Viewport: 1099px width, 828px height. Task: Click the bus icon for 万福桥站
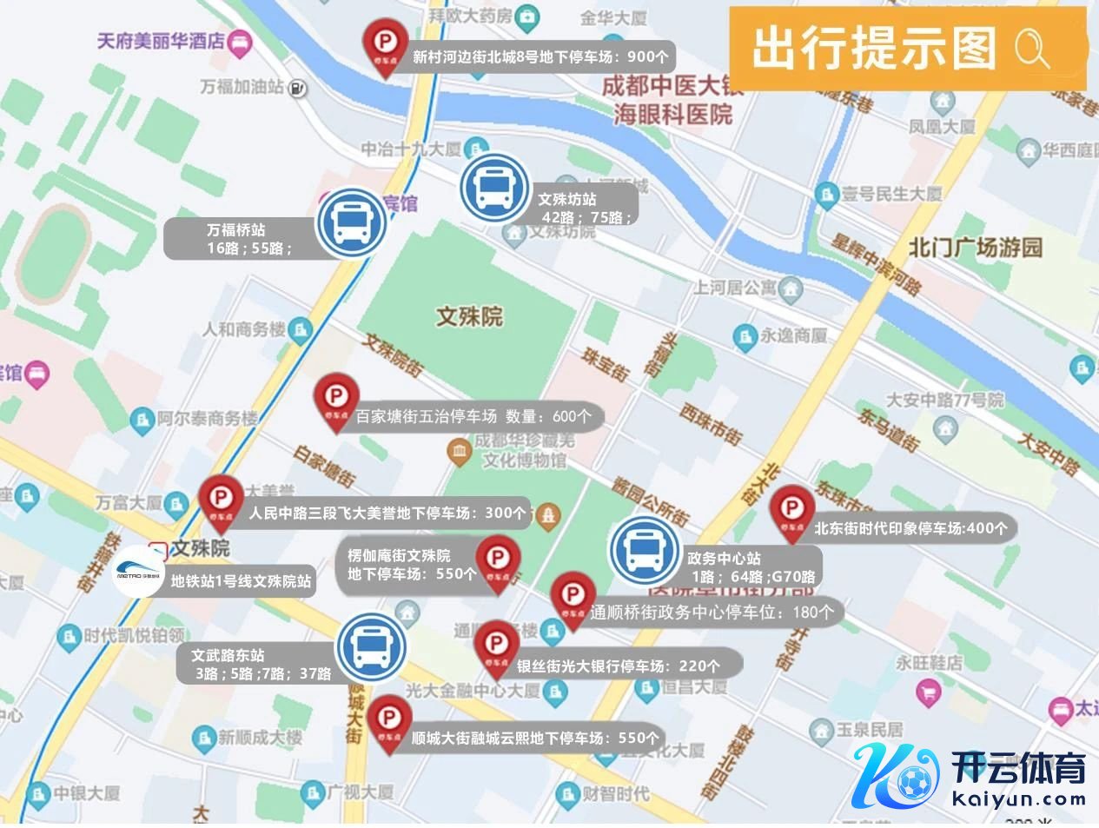tap(350, 224)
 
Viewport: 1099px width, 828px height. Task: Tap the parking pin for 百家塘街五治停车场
tap(335, 399)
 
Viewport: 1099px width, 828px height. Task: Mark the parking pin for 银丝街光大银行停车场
tap(495, 645)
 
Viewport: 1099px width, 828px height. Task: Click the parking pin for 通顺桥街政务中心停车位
tap(573, 597)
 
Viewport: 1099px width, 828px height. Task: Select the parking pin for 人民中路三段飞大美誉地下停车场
tap(221, 500)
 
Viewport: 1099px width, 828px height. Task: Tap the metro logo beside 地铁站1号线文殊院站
tap(139, 572)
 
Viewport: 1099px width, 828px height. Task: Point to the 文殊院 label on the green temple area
tap(469, 316)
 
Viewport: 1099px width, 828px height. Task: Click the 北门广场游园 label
tap(976, 248)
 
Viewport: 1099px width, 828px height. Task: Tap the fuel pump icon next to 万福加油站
tap(298, 87)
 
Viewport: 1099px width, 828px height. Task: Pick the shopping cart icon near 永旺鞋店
tap(928, 692)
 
